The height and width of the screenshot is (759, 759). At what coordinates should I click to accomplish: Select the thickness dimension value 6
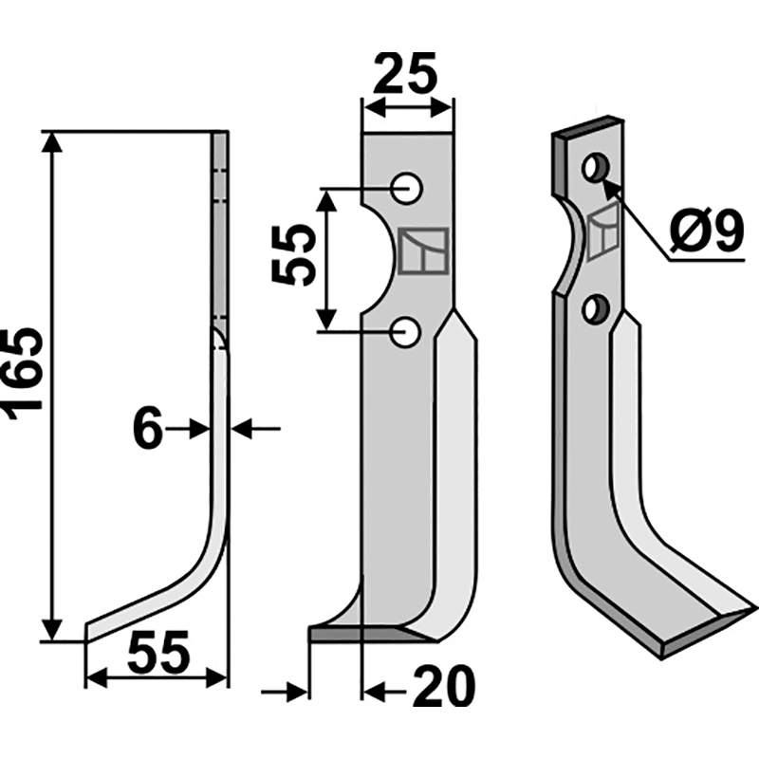pos(146,430)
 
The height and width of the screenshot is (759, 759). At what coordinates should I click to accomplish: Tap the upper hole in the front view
pos(409,188)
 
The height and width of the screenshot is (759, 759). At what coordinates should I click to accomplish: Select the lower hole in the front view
pos(409,332)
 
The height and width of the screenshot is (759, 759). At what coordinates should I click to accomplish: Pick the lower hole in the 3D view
pos(596,308)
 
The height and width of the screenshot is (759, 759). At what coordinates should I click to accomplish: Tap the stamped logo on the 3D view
pos(602,235)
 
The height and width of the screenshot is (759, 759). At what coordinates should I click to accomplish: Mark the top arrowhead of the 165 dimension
pos(53,142)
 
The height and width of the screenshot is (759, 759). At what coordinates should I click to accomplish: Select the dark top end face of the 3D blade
pos(588,129)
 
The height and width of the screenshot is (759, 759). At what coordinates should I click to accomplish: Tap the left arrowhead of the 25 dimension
pos(371,109)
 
